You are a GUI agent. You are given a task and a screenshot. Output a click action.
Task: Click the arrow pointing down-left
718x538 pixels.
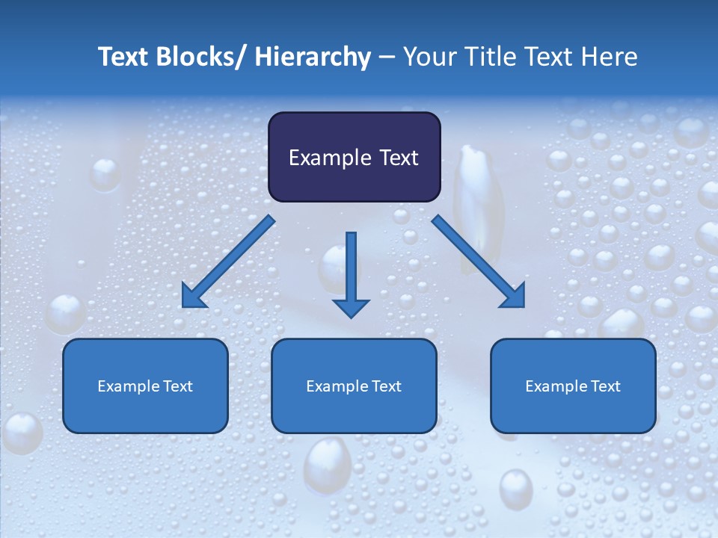[x=228, y=262]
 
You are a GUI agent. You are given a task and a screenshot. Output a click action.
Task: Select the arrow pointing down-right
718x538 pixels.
[x=478, y=262]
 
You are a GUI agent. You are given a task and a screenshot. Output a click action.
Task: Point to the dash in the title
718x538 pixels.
[x=387, y=58]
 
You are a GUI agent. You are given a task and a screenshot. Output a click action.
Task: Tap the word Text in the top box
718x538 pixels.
[x=396, y=158]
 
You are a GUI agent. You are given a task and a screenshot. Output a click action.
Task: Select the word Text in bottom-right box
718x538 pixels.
[x=605, y=386]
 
